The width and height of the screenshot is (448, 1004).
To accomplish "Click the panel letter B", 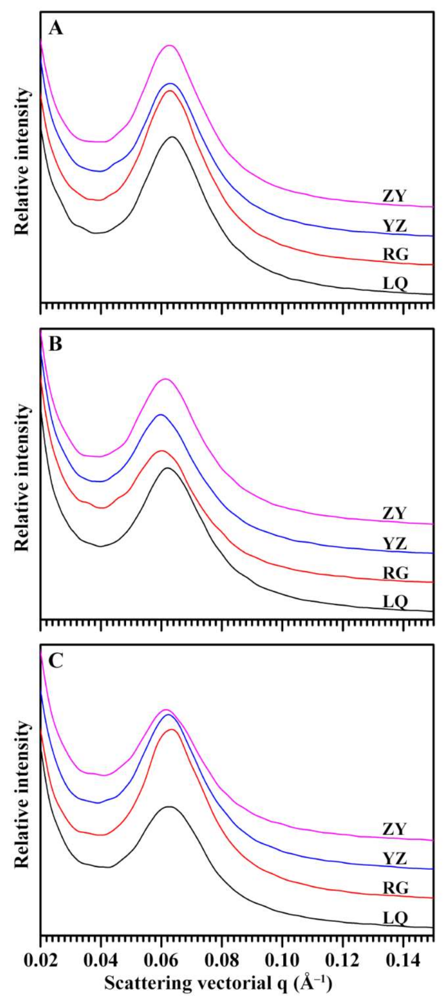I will [x=55, y=345].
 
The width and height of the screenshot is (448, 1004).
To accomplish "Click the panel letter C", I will [x=56, y=660].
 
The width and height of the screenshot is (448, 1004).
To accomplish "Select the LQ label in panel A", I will [x=395, y=283].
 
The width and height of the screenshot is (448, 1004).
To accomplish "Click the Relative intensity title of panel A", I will [x=22, y=161].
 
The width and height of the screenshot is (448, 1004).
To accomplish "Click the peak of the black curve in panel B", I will [x=168, y=468].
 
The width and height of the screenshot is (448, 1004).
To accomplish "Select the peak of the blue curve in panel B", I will [x=160, y=415].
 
